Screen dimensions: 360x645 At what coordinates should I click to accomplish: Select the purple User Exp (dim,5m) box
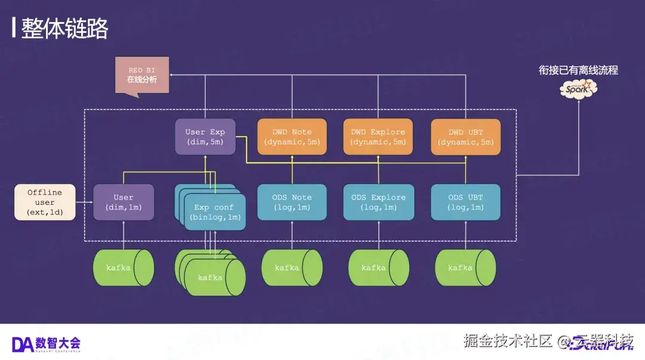tap(205, 137)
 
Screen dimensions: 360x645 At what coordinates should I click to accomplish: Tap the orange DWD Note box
tap(292, 137)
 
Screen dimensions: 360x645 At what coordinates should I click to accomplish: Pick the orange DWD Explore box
tap(378, 137)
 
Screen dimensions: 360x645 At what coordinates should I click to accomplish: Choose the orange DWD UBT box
tap(466, 137)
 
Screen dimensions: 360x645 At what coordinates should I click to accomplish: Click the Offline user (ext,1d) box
tap(45, 202)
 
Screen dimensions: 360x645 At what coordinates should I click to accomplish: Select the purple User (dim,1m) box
tap(124, 202)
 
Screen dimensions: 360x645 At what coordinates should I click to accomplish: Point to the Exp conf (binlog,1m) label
tap(214, 213)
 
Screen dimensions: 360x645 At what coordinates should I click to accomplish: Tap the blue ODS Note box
tap(292, 202)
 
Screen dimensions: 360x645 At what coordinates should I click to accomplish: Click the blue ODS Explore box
tap(378, 202)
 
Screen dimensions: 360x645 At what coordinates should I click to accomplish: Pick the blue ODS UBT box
tap(466, 202)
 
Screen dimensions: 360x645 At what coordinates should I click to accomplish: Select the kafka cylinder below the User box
tap(123, 267)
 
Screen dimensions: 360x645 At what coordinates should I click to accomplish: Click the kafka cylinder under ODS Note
tap(291, 267)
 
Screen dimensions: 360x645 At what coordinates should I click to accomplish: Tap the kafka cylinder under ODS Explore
tap(379, 267)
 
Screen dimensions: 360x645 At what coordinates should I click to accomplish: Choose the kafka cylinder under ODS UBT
tap(465, 267)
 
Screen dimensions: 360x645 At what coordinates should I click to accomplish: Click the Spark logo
tap(578, 90)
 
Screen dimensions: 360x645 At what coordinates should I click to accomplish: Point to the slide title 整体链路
tap(64, 29)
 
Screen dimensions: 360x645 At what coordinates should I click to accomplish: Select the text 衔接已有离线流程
tap(578, 70)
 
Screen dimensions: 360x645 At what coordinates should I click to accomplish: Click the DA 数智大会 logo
tap(46, 343)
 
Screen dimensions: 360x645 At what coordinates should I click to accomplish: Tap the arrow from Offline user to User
tap(84, 202)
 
